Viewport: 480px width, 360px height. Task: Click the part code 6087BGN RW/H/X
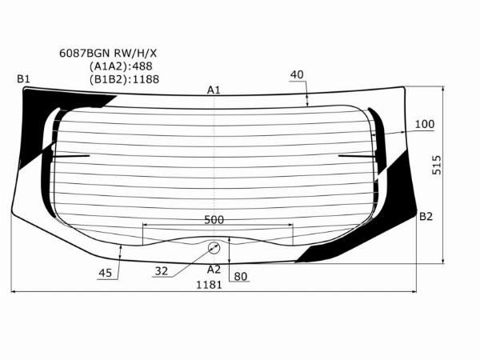tap(108, 54)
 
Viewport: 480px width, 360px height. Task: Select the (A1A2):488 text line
tap(121, 66)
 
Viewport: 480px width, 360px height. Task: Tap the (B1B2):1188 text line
tap(124, 79)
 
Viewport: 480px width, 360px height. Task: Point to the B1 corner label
tap(23, 79)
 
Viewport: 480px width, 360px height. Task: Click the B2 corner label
tap(426, 217)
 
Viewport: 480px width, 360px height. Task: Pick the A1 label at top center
tap(214, 90)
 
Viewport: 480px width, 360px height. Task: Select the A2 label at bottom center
tap(214, 270)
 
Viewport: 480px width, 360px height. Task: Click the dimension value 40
tap(297, 74)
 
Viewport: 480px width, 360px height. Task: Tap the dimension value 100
tap(425, 124)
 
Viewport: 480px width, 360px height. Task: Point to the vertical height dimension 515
tap(437, 165)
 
